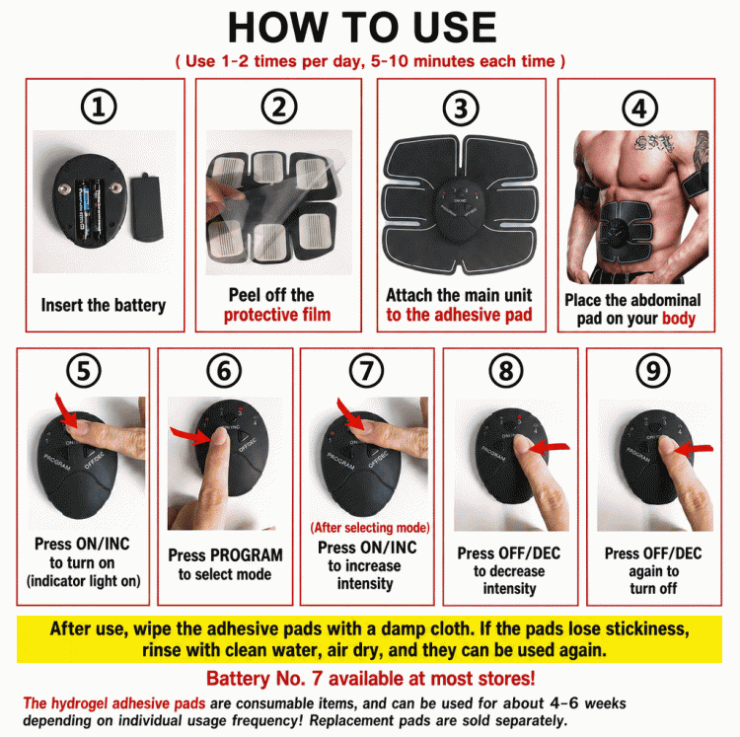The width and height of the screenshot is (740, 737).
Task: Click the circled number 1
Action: pyautogui.click(x=99, y=107)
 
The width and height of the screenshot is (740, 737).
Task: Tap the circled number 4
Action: pyautogui.click(x=639, y=109)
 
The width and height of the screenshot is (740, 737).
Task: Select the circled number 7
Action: pyautogui.click(x=366, y=370)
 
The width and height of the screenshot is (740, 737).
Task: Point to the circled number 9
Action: pyautogui.click(x=653, y=370)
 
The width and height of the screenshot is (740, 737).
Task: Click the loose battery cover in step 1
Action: pyautogui.click(x=146, y=207)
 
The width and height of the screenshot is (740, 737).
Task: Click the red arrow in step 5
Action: pyautogui.click(x=65, y=411)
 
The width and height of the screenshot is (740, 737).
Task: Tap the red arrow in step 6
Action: pyautogui.click(x=190, y=436)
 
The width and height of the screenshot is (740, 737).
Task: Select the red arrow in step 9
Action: pyautogui.click(x=694, y=449)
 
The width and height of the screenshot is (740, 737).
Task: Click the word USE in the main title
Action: pyautogui.click(x=454, y=28)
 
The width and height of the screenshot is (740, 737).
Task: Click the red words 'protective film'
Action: pyautogui.click(x=277, y=315)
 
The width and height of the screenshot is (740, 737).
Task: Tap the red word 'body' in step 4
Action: pyautogui.click(x=679, y=319)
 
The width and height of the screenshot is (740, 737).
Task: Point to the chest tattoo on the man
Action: pyautogui.click(x=654, y=142)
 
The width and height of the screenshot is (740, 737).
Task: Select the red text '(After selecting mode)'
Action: pyautogui.click(x=370, y=528)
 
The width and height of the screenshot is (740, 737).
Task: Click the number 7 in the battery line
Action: pyautogui.click(x=317, y=679)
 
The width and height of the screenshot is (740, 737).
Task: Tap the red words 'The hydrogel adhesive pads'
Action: pyautogui.click(x=114, y=703)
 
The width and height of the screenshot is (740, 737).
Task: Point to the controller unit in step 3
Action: pyautogui.click(x=458, y=210)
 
